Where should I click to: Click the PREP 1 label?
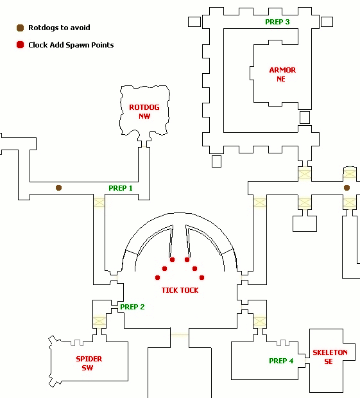pos(121,188)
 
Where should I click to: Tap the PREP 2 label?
pos(132,307)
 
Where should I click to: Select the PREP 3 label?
pos(277,22)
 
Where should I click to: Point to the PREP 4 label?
pos(281,361)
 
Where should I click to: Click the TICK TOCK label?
pos(180,290)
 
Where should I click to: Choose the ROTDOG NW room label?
pos(144,112)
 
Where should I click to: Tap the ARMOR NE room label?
pos(282,74)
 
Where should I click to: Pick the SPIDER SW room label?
pos(89,363)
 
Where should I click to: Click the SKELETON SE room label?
pos(330,357)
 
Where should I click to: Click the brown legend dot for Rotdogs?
pos(21,28)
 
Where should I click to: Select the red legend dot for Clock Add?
pos(21,45)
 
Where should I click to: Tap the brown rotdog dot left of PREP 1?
pos(58,188)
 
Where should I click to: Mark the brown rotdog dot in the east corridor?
pos(347,188)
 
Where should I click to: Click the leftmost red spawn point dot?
pos(158,278)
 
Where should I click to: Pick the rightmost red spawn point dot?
pos(201,278)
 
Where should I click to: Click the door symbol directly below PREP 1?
pos(99,203)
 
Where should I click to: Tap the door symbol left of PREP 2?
pos(99,321)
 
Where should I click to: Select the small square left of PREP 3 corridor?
pos(194,22)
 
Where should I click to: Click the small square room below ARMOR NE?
pos(305,117)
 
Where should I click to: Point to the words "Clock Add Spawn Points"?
pos(71,45)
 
